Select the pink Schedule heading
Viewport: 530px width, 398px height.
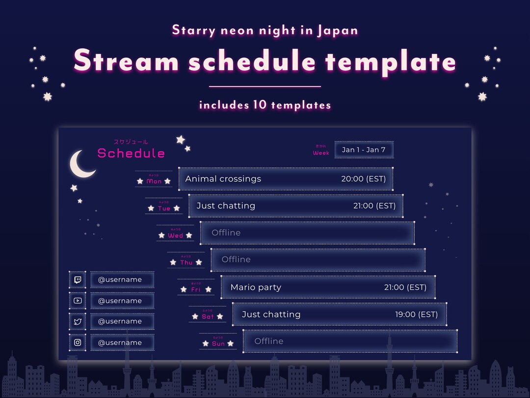(x=131, y=153)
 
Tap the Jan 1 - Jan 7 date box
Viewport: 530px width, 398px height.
(x=364, y=150)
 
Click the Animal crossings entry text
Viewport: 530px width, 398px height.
(x=223, y=179)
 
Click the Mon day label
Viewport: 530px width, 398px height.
(x=154, y=181)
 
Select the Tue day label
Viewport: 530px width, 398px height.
(x=164, y=208)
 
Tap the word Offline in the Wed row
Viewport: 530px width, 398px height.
(x=226, y=233)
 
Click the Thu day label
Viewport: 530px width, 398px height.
(x=186, y=262)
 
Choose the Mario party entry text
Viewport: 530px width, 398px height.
(x=256, y=287)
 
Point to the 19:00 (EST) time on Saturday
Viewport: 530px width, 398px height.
(x=416, y=314)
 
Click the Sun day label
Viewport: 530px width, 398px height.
(x=218, y=343)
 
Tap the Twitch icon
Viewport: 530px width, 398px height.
(x=78, y=280)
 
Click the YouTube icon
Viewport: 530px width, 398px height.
(x=78, y=301)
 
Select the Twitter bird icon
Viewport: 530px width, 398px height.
(x=78, y=321)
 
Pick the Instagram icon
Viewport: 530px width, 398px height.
(x=78, y=342)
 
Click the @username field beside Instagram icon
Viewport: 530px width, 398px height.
(x=122, y=342)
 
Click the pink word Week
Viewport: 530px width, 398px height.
(x=321, y=153)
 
